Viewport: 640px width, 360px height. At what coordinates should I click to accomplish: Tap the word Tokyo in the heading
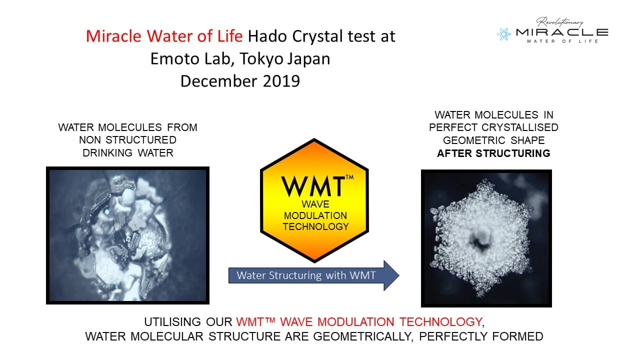[261, 59]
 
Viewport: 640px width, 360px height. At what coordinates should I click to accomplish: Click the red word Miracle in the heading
[113, 36]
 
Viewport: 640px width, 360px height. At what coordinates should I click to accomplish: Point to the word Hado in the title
[267, 36]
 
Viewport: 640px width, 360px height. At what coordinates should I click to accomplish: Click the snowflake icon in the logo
[503, 34]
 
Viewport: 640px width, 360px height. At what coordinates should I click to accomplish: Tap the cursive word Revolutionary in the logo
[559, 22]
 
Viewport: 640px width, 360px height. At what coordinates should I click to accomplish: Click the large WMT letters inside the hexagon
[313, 186]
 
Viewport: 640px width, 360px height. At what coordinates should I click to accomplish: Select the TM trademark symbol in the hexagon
[349, 177]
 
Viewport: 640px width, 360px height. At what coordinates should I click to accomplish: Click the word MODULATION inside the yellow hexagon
[315, 215]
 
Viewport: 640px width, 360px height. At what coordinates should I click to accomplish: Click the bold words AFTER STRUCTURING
[493, 153]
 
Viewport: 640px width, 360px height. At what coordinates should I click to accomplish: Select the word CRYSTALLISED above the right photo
[519, 127]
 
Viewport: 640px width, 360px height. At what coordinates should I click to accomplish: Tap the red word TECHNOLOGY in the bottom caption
[441, 322]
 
